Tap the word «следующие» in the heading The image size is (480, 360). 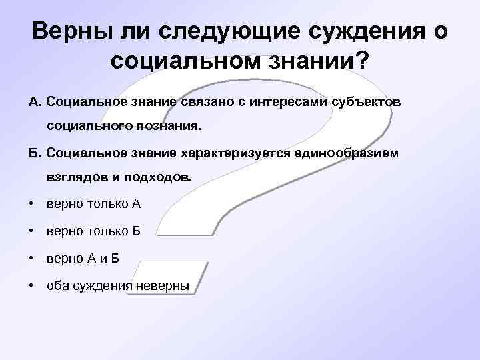[192, 31]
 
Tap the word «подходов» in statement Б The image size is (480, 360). [162, 179]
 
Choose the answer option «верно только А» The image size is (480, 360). [93, 204]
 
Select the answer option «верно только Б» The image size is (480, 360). [93, 231]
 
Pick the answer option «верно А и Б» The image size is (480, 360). [83, 259]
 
